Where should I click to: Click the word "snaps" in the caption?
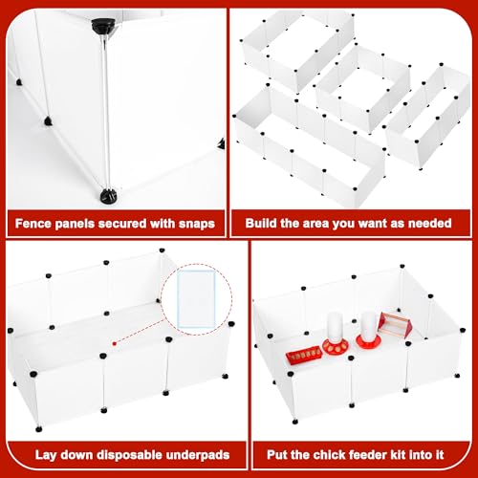pyautogui.click(x=197, y=224)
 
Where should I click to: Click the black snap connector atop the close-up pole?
pyautogui.click(x=103, y=25)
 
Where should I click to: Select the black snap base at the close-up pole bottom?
pyautogui.click(x=109, y=195)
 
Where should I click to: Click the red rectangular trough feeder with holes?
pyautogui.click(x=304, y=355)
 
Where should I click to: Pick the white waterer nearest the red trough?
pyautogui.click(x=336, y=334)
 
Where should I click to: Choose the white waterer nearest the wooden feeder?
pyautogui.click(x=368, y=330)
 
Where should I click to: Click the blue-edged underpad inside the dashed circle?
pyautogui.click(x=197, y=299)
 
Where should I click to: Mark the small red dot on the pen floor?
pyautogui.click(x=115, y=343)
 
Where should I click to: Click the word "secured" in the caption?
pyautogui.click(x=122, y=224)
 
